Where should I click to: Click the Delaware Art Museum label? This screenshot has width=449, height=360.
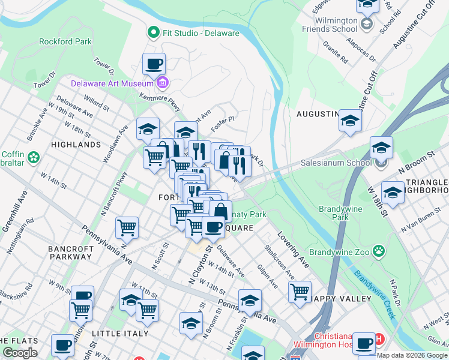(112, 83)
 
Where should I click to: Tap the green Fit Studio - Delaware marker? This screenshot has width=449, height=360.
(153, 32)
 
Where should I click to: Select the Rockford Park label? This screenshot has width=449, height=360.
(65, 41)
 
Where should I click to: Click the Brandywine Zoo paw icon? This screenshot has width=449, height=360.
(379, 251)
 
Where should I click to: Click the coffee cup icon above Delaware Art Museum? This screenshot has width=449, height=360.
(154, 63)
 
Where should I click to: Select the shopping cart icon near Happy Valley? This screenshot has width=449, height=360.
(300, 292)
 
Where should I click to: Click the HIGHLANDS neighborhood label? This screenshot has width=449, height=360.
(76, 145)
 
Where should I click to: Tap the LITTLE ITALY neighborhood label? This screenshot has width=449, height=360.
(117, 332)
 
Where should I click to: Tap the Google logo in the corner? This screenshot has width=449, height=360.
(20, 352)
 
